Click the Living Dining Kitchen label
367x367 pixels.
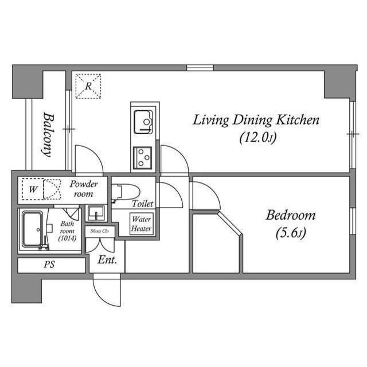click(255, 120)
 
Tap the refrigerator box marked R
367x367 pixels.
click(88, 86)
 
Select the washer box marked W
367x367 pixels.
click(33, 188)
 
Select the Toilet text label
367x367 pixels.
click(142, 204)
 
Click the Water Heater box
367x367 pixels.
click(141, 224)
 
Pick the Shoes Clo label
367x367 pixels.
click(100, 231)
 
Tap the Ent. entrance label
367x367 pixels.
click(107, 260)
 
